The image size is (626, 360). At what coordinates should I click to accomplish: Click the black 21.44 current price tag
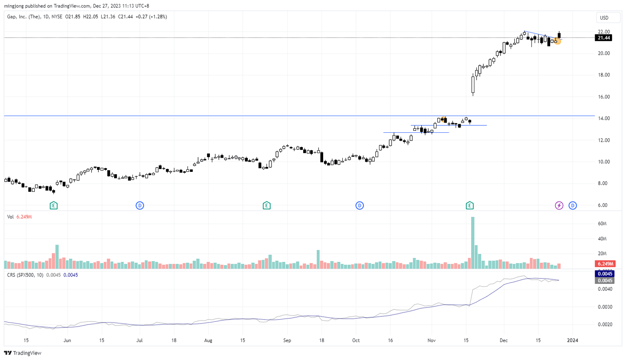(603, 38)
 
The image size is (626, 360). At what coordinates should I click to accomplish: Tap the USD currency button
(604, 18)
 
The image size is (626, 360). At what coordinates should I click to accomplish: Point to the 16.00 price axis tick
(604, 97)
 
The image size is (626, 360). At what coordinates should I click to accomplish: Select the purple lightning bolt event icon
(559, 206)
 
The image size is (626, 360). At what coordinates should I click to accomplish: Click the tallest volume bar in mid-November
(473, 242)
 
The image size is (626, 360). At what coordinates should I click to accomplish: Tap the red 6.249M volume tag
(605, 264)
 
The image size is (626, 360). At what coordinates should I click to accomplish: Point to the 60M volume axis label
(602, 224)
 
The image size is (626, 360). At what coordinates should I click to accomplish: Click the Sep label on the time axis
(287, 340)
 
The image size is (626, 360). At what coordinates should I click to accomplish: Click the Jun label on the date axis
(67, 340)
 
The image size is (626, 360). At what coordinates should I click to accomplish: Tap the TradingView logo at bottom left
(23, 353)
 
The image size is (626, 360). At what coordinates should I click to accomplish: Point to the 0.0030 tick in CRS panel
(604, 307)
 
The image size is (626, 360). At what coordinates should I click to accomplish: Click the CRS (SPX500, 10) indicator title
(25, 275)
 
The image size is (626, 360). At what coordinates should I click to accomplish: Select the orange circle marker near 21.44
(558, 41)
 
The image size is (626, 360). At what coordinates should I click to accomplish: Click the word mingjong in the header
(14, 6)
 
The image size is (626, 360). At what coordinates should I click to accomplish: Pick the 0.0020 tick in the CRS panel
(604, 325)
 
